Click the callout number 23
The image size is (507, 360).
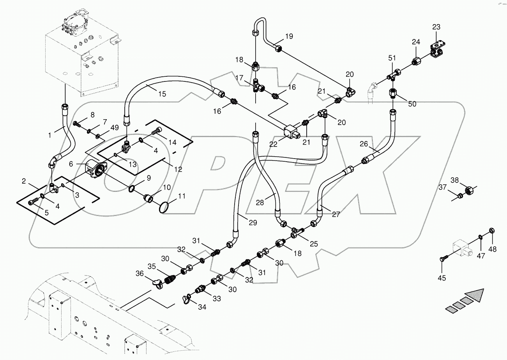coord(436,27)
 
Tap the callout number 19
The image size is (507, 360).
coord(289,37)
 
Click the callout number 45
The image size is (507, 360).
coord(442,278)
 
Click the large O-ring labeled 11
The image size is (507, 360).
coord(165,206)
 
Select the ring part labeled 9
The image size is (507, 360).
coord(132,189)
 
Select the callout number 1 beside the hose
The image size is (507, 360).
coord(49,135)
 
